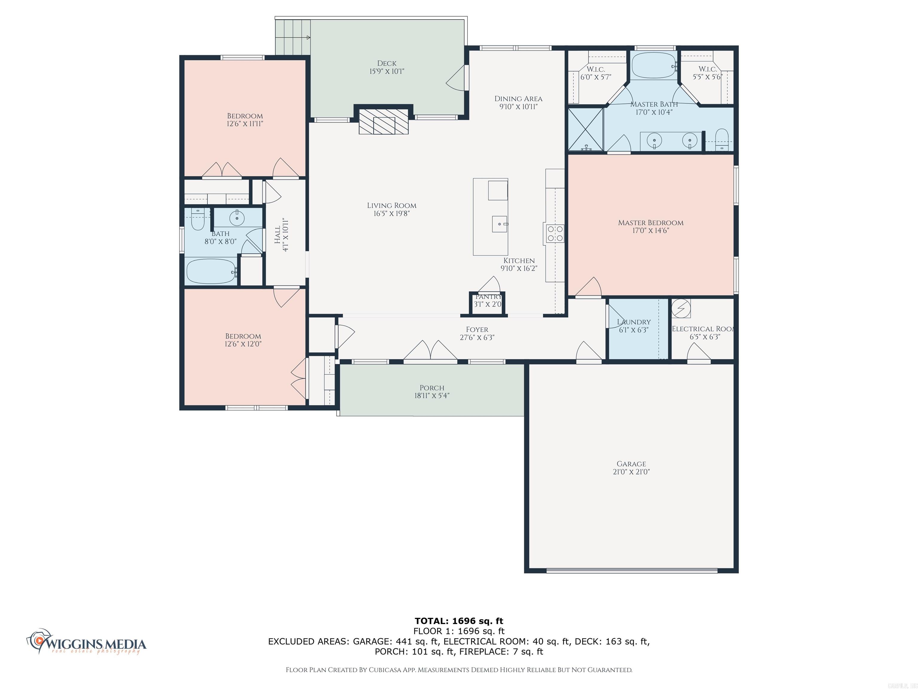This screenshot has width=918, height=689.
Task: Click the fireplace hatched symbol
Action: click(x=383, y=122)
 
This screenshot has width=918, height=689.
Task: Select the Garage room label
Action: click(x=631, y=464)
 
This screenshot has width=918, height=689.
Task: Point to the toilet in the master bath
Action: click(x=722, y=139)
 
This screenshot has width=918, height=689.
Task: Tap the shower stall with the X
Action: click(x=585, y=129)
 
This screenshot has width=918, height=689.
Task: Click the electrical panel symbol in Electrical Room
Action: click(x=681, y=308)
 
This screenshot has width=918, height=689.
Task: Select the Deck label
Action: click(x=386, y=63)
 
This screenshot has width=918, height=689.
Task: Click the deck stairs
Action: click(x=293, y=38)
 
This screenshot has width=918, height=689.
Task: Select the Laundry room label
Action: click(x=634, y=322)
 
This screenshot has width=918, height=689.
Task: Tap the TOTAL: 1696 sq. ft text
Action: click(x=459, y=621)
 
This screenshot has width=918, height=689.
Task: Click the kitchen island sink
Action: click(x=500, y=224)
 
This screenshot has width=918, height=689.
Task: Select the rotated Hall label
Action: click(x=277, y=235)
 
